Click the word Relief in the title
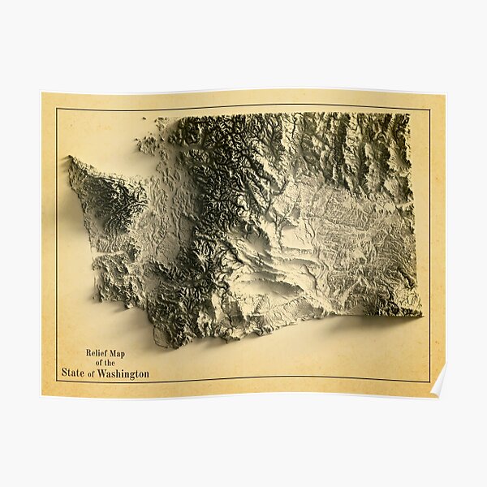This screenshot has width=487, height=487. point(96,353)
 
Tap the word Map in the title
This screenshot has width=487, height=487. point(116,353)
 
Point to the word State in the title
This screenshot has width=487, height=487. point(73,373)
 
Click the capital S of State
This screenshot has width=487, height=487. point(64,373)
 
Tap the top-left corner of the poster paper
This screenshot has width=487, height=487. point(42,93)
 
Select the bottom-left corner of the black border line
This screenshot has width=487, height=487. point(57,381)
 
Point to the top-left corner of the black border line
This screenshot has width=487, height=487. point(57,108)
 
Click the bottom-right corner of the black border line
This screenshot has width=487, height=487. point(429,381)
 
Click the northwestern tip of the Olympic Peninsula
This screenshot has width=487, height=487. point(70,158)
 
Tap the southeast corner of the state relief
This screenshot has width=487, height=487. point(420,313)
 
